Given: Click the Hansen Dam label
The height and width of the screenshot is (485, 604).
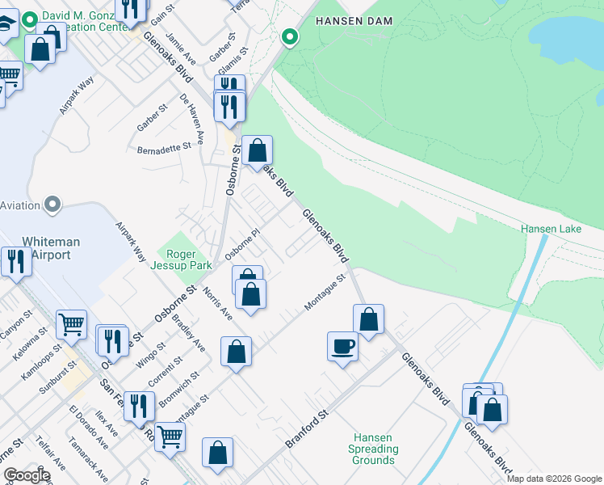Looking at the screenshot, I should click(x=353, y=20).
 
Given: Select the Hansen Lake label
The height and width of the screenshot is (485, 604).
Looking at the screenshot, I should click(x=551, y=229).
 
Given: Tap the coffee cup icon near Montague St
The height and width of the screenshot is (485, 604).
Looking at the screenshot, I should click(x=343, y=346).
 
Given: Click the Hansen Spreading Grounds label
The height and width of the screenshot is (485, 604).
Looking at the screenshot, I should click(x=373, y=449).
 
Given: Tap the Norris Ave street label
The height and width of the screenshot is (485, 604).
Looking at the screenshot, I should click(x=218, y=303).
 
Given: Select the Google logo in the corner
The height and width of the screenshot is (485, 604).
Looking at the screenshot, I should click(x=27, y=475).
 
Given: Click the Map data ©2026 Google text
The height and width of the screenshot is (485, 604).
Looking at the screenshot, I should click(x=554, y=479).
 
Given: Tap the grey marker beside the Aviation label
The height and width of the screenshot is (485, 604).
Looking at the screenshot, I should click(x=53, y=205).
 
